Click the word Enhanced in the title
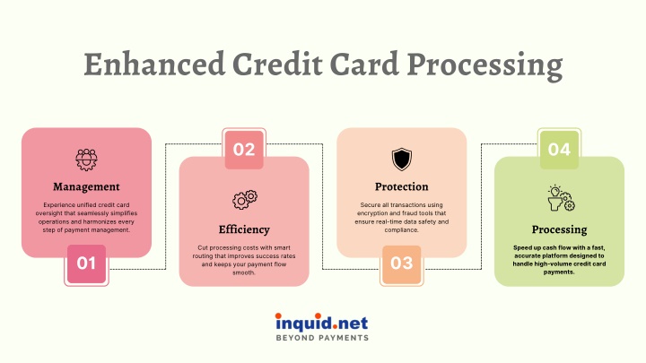click(x=154, y=65)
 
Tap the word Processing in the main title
click(x=484, y=65)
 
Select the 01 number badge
click(x=86, y=264)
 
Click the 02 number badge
click(x=244, y=149)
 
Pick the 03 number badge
click(x=402, y=264)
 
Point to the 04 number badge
click(x=559, y=149)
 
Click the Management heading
click(x=86, y=186)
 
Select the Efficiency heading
click(x=244, y=229)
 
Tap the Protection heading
click(x=402, y=186)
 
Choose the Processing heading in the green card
click(x=559, y=229)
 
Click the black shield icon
click(x=402, y=160)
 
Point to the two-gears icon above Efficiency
click(x=245, y=200)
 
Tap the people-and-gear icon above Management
click(x=86, y=160)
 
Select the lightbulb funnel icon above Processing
click(x=561, y=198)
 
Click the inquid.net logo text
click(x=321, y=323)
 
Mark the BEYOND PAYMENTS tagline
click(x=322, y=338)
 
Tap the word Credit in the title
click(x=277, y=65)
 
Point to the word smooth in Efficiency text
click(x=243, y=272)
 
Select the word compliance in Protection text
click(x=402, y=230)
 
